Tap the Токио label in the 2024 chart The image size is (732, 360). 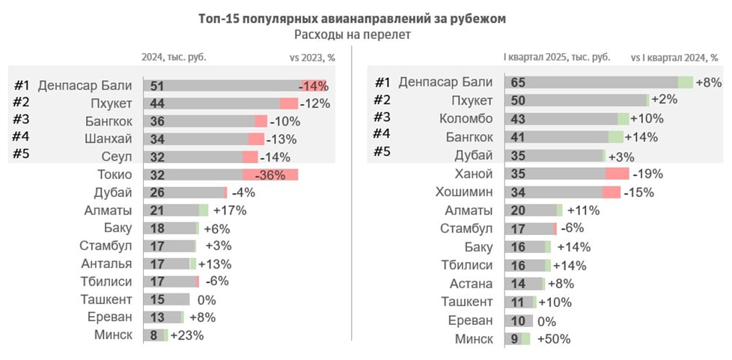[x=115, y=174]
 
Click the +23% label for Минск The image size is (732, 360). [x=186, y=335]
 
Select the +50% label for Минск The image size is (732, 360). [x=553, y=339]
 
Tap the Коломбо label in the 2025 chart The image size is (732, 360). [x=466, y=118]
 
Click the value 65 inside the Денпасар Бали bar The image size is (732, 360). [x=516, y=82]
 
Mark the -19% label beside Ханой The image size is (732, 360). [x=649, y=174]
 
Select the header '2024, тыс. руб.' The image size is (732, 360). [x=174, y=57]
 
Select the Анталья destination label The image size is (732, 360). [x=107, y=263]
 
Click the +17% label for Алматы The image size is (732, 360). [x=230, y=210]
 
